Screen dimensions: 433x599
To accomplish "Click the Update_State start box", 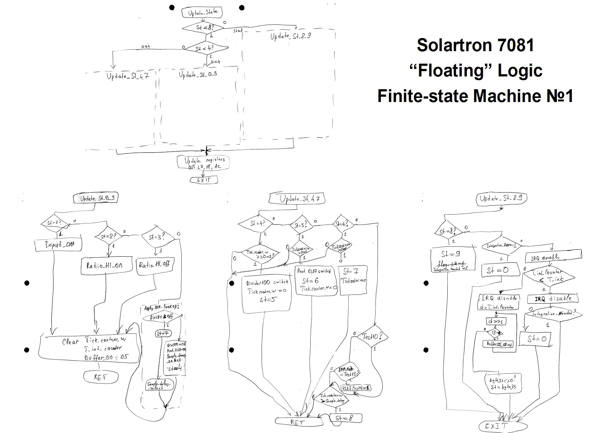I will (x=202, y=12).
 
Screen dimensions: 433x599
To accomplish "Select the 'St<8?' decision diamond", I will (x=203, y=28).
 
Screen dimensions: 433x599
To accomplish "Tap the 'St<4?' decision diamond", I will (x=206, y=48).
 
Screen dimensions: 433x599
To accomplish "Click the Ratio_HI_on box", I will (x=106, y=265).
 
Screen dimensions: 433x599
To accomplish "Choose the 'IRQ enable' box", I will (x=553, y=257).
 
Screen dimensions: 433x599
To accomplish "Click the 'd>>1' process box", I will (x=496, y=321).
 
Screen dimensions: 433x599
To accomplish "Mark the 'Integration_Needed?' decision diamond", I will (x=553, y=314).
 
